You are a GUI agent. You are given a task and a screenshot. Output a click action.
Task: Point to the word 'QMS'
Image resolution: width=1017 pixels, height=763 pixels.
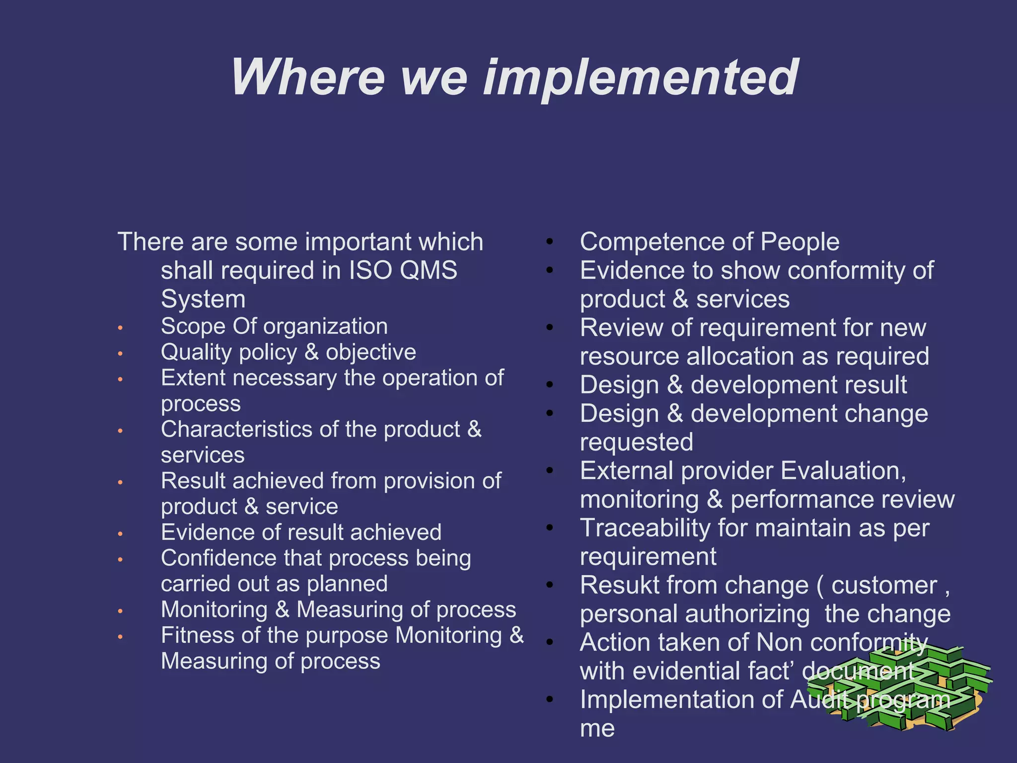429,271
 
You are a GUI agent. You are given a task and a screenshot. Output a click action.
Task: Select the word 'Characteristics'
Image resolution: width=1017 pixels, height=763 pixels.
237,429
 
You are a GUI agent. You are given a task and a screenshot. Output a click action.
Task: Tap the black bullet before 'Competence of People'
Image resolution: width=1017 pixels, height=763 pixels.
549,242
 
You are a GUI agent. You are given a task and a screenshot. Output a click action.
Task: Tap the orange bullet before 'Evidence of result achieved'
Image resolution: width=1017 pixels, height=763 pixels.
120,534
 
